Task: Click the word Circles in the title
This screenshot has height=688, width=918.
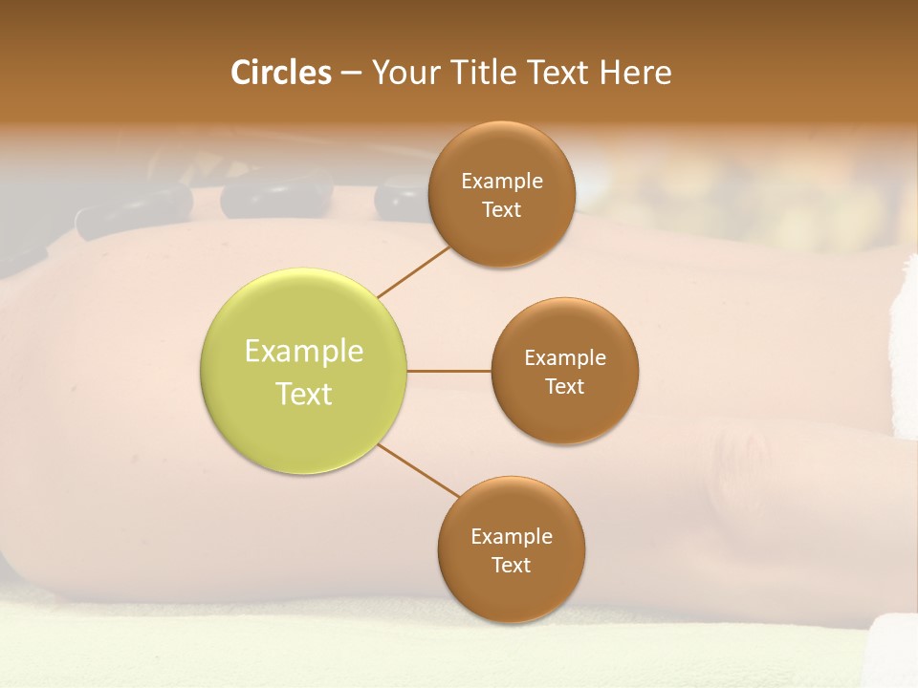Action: pos(280,73)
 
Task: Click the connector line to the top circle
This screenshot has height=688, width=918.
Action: pos(413,271)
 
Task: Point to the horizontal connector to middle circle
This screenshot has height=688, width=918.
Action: pos(448,371)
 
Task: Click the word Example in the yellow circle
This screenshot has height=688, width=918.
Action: pos(303,352)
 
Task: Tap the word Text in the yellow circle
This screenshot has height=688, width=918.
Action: pos(303,394)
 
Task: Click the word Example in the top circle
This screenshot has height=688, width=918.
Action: pos(501,182)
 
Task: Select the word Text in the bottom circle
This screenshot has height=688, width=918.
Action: pos(511,565)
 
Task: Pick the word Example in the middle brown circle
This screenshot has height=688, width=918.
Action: pos(564,358)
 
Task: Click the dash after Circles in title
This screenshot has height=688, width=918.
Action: pos(351,73)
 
